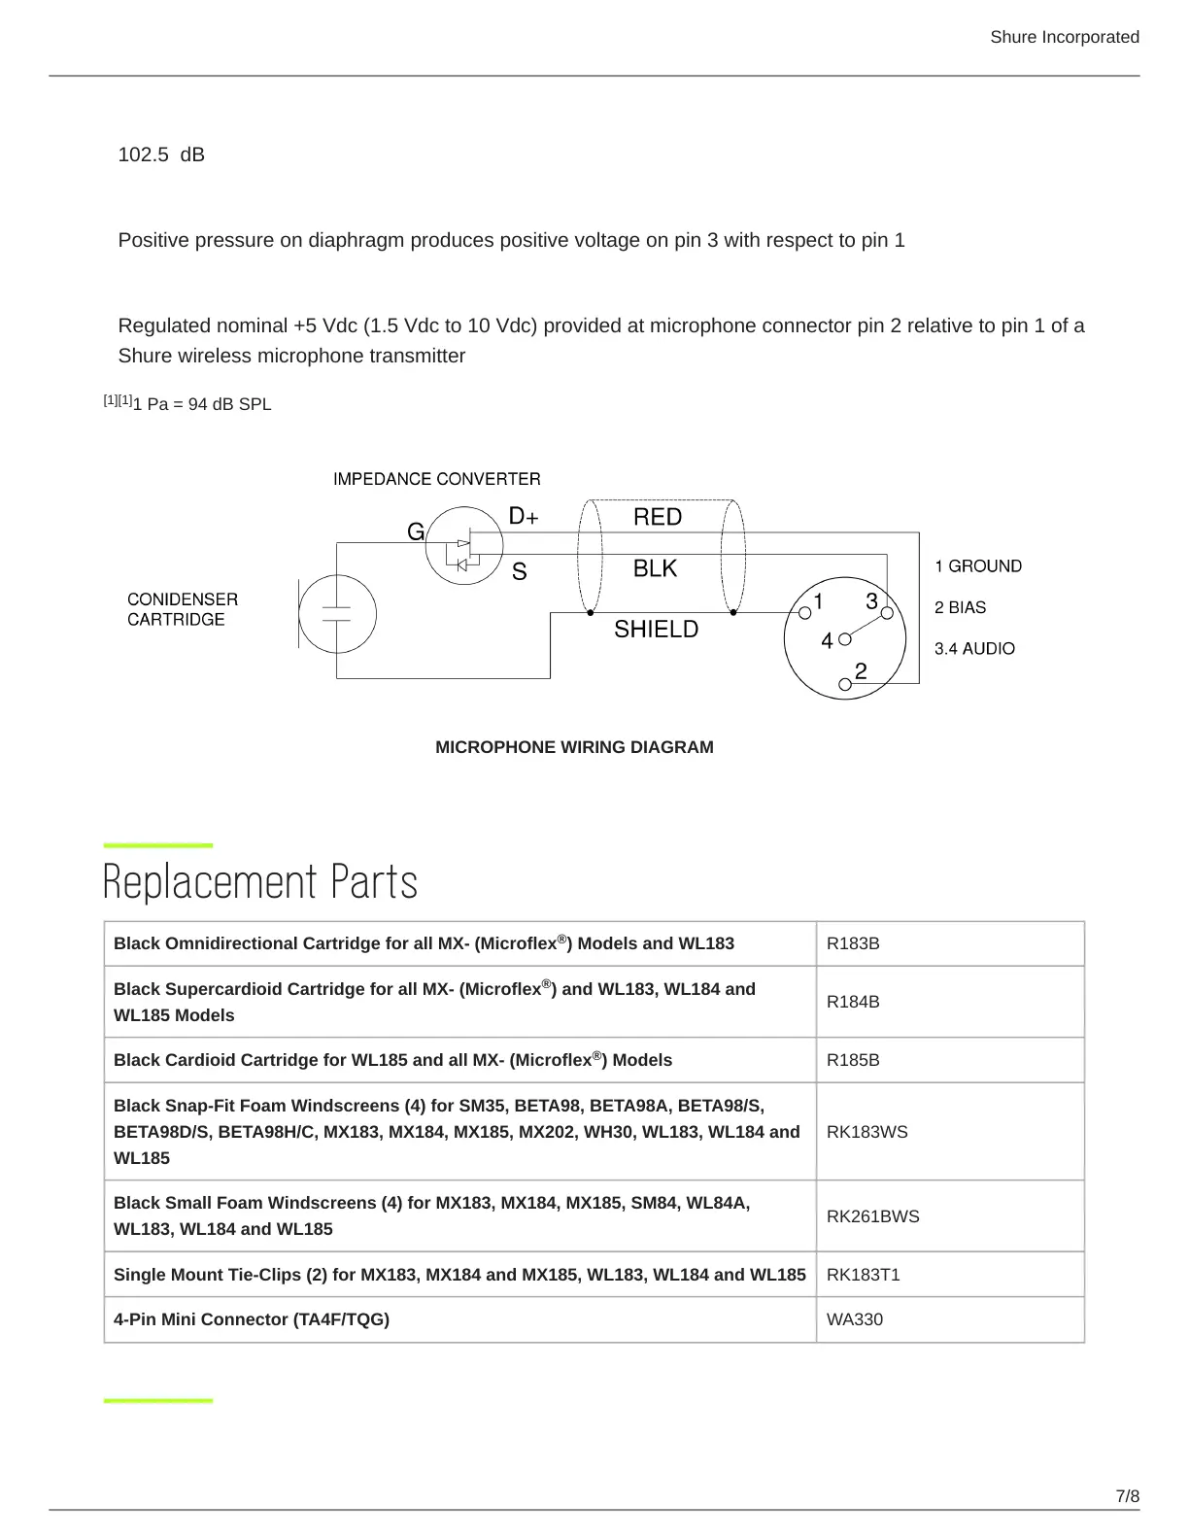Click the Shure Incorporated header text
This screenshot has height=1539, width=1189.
[1064, 37]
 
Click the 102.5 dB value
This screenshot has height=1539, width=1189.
[161, 154]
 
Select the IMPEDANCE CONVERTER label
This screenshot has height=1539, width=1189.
[436, 479]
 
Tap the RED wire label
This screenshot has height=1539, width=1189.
[658, 517]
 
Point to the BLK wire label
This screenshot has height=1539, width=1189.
[655, 568]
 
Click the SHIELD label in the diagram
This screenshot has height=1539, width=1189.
[656, 630]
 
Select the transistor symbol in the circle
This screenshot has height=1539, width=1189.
[463, 546]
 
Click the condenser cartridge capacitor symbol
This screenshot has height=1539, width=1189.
[336, 613]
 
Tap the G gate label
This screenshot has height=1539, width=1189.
[415, 532]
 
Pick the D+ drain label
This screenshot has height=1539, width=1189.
[524, 517]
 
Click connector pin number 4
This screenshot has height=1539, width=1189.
[827, 641]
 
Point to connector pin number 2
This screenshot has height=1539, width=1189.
[861, 671]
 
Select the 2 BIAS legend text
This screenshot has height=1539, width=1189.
[960, 607]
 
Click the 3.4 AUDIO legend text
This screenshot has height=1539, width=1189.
[974, 648]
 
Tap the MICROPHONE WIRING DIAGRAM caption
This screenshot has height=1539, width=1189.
[574, 747]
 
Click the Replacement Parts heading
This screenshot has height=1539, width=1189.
[260, 881]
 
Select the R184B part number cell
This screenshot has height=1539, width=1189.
[853, 1002]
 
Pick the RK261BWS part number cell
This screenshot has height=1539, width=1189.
[872, 1216]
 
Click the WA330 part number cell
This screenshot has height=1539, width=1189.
[855, 1319]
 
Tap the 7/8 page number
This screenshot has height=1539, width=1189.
[1127, 1495]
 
